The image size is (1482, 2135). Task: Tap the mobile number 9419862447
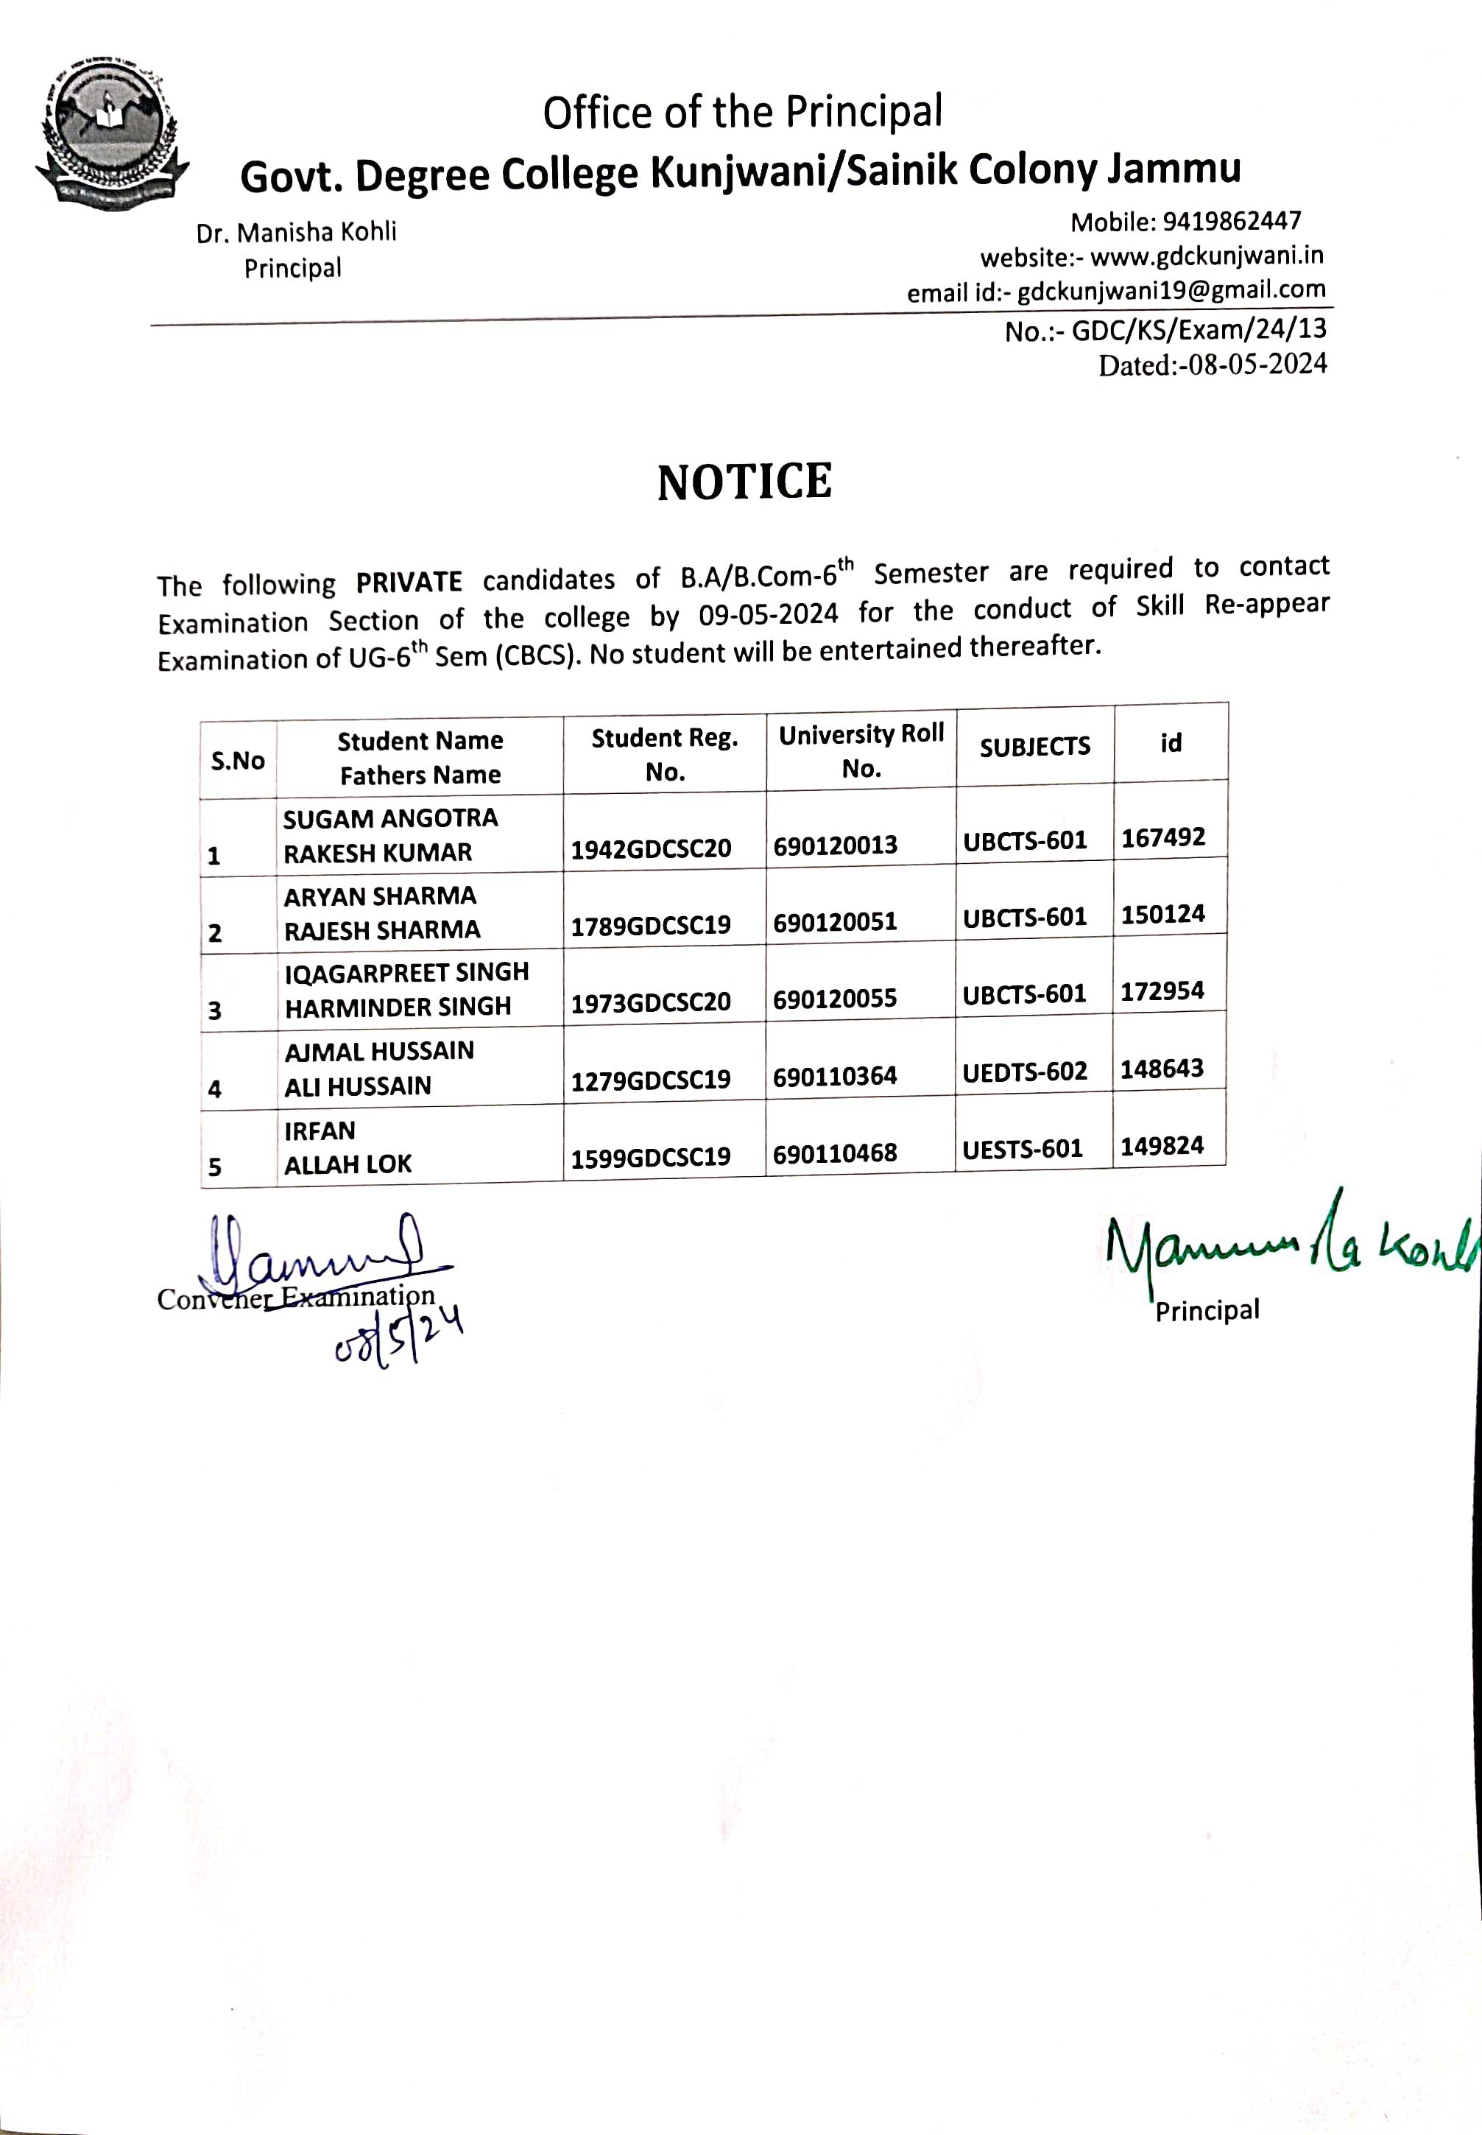1231,221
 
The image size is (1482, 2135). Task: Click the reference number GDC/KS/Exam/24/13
1199,330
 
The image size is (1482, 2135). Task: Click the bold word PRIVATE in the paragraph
409,583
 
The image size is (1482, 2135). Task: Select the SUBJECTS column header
1034,747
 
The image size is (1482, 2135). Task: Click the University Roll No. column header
861,750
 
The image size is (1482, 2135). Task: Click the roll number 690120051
835,922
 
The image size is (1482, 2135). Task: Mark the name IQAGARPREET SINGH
406,972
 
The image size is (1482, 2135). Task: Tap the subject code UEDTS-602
1024,1072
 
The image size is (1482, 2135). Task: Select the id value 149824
1162,1146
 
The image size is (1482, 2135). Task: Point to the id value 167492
1162,837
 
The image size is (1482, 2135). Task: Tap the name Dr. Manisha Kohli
296,232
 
